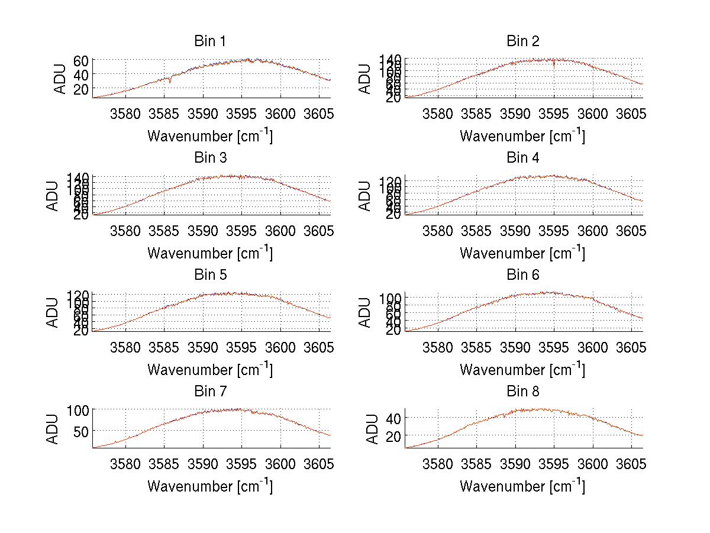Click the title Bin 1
[x=210, y=41]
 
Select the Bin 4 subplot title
[x=523, y=158]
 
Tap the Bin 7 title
[x=210, y=392]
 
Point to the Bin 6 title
[x=523, y=275]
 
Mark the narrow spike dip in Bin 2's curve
[x=554, y=66]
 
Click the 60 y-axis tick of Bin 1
[x=81, y=60]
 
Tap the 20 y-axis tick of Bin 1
[x=81, y=89]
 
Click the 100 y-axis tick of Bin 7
[x=78, y=409]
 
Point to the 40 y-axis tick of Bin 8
[x=393, y=418]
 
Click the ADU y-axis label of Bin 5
[x=53, y=312]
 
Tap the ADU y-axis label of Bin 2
[x=366, y=78]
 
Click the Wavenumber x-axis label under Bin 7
[x=210, y=486]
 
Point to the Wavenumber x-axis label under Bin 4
[x=522, y=253]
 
